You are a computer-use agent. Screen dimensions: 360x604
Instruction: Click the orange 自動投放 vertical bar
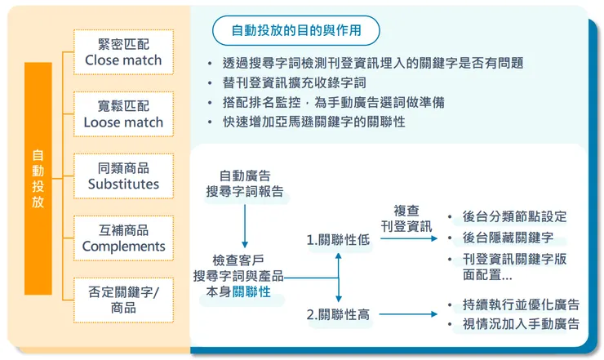pos(38,178)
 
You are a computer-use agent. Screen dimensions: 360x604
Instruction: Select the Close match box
pos(123,51)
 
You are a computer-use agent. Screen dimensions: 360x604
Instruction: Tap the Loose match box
pos(123,113)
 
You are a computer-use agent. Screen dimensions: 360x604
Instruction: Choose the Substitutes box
pos(123,176)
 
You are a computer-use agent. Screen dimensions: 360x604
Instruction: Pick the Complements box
pos(123,238)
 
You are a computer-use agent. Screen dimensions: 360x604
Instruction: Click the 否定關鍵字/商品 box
pos(123,300)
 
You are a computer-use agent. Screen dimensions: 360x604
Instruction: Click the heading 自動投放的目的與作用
pos(295,31)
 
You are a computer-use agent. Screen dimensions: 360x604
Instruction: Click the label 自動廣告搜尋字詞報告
pos(245,184)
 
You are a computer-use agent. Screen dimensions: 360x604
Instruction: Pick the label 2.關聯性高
pos(338,314)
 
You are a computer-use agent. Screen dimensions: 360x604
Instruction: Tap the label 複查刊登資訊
pos(406,218)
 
